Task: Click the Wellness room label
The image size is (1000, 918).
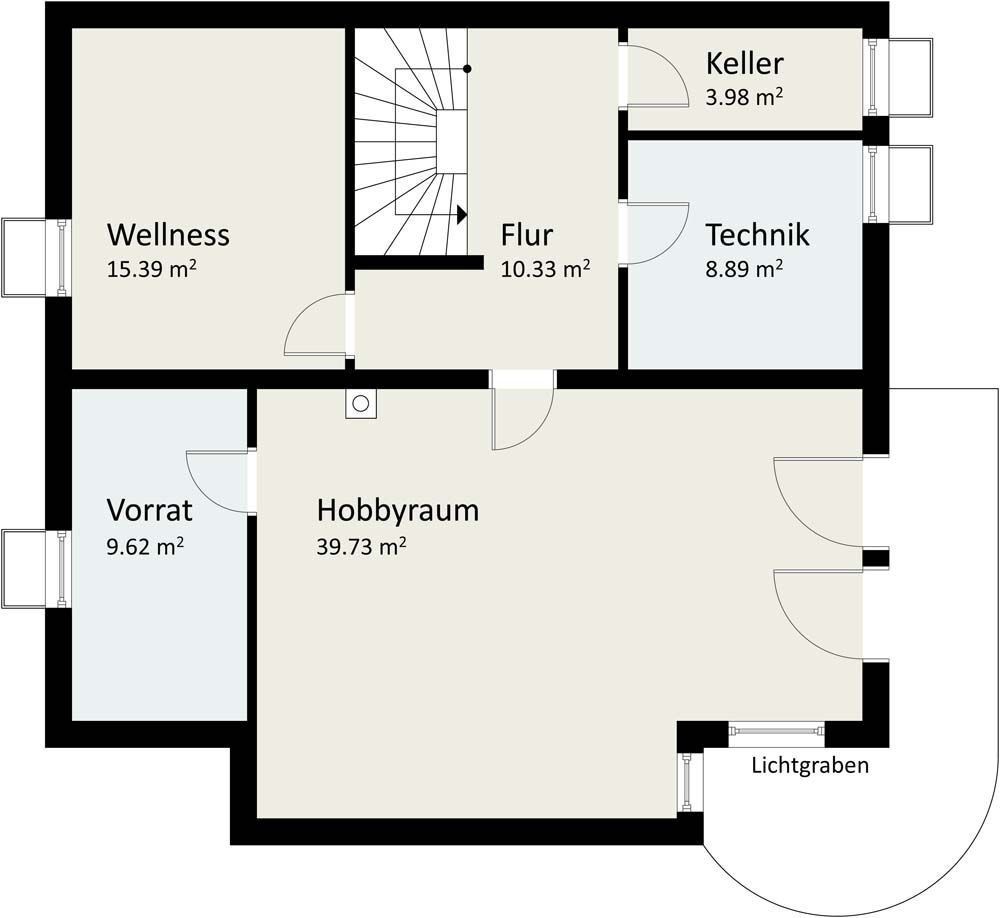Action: (x=168, y=235)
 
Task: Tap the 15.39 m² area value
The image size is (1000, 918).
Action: (x=150, y=269)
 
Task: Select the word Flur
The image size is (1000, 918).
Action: (x=527, y=235)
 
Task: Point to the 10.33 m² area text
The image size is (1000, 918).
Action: (x=545, y=269)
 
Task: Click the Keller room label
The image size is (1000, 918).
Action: (x=744, y=64)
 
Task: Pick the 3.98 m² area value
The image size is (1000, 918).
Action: (x=744, y=97)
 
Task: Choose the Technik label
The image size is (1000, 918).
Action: (x=757, y=235)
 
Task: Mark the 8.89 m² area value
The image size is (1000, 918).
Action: (x=744, y=269)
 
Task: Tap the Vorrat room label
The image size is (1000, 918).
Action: (x=149, y=511)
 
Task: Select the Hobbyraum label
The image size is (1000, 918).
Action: (x=398, y=511)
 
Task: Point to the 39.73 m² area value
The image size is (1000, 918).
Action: (x=361, y=546)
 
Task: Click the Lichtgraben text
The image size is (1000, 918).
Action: (x=810, y=766)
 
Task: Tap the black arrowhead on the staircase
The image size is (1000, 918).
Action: (x=462, y=214)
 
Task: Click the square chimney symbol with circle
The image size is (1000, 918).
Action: (x=361, y=404)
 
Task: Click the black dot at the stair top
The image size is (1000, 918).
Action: (x=467, y=69)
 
